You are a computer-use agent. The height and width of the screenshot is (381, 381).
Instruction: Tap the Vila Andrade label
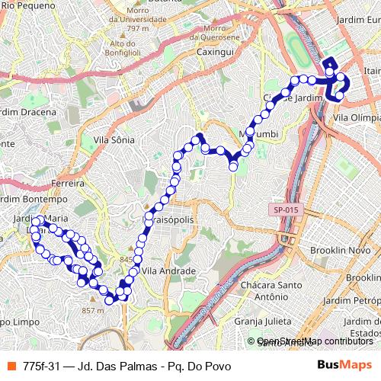click(169, 271)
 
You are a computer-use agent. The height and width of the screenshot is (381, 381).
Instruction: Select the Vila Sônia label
click(114, 139)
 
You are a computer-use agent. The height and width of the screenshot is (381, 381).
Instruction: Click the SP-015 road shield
click(283, 209)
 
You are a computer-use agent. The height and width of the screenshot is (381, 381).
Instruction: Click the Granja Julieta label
click(264, 321)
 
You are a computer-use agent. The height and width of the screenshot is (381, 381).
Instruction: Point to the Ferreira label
click(67, 184)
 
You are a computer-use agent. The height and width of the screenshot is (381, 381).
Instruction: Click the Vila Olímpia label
click(357, 118)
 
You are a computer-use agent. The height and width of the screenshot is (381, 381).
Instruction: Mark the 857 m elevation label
click(92, 310)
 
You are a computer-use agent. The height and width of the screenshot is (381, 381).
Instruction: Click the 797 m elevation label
click(138, 28)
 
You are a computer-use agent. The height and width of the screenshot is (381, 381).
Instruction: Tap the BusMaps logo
click(344, 366)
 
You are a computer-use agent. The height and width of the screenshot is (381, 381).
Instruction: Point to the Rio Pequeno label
click(29, 5)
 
